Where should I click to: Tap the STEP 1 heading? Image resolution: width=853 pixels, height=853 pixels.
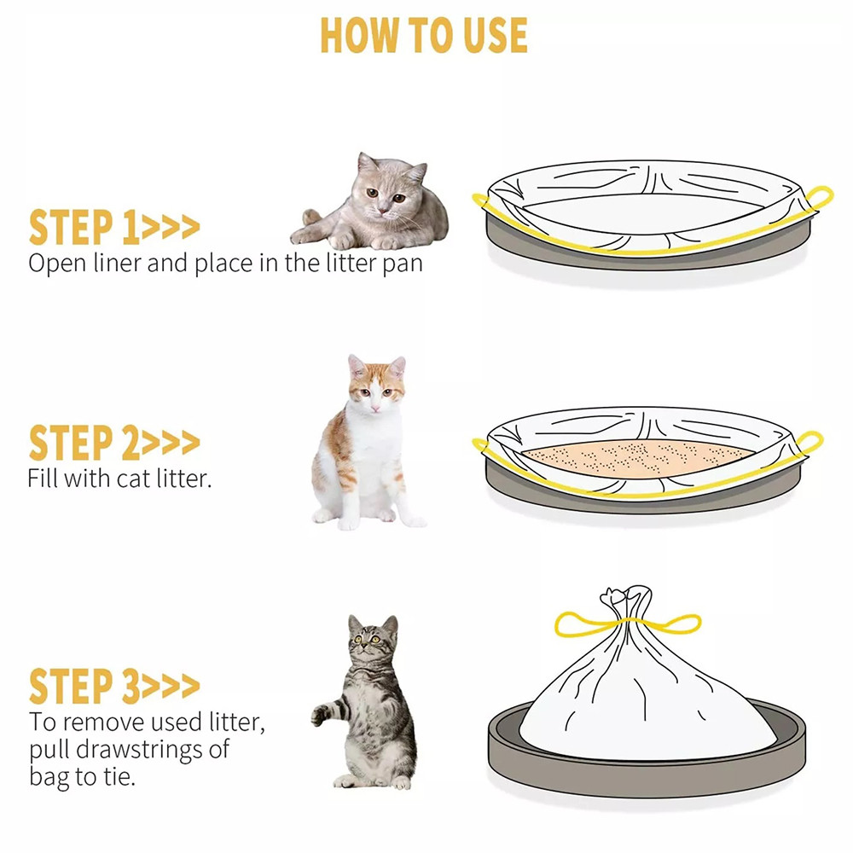[x=113, y=228]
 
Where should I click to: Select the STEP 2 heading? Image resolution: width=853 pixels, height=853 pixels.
[x=113, y=444]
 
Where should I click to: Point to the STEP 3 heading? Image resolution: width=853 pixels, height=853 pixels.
[x=113, y=686]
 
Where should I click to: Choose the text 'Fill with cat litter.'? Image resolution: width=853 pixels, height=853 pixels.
[x=119, y=478]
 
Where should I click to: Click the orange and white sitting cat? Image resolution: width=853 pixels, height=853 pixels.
[x=363, y=444]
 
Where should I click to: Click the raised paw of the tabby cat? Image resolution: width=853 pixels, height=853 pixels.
[x=321, y=714]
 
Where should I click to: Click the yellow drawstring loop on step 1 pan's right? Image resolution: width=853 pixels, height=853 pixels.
[x=821, y=198]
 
